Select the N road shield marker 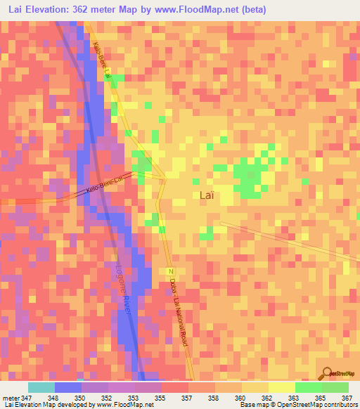[x=170, y=271]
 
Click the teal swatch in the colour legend [x=41, y=387]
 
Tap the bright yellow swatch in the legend [x=281, y=387]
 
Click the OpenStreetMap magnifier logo [x=327, y=375]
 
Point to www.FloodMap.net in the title [x=215, y=8]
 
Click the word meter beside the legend [x=11, y=398]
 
